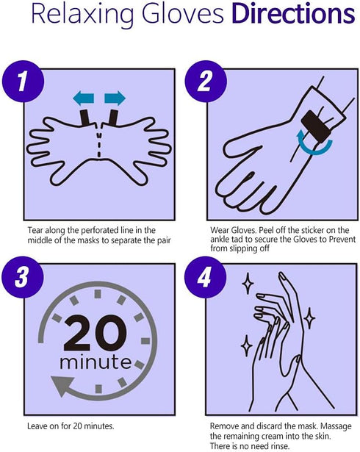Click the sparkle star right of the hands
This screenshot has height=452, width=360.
coord(309,318)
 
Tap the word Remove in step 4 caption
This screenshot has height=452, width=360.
coord(224,426)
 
